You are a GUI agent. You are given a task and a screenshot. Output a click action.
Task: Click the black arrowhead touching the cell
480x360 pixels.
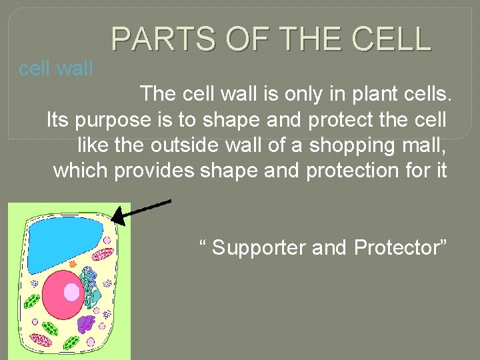tap(116, 216)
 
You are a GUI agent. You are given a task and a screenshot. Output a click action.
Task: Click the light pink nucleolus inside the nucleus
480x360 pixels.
tap(71, 292)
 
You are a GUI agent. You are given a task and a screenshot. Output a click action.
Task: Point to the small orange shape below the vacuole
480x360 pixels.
tap(73, 265)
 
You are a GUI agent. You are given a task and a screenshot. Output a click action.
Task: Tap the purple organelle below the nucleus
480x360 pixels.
tap(86, 324)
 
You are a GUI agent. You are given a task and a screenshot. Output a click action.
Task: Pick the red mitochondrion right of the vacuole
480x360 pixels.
tap(103, 255)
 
